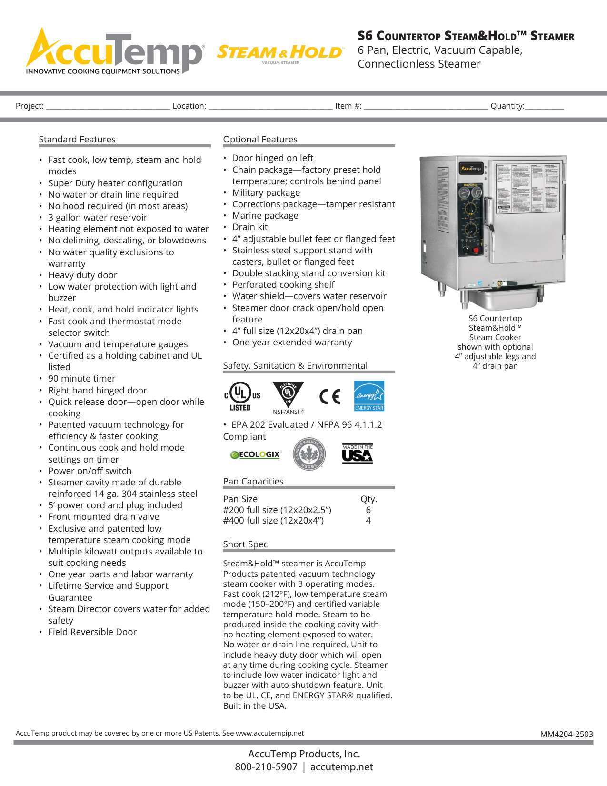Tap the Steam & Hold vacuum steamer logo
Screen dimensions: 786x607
pyautogui.click(x=280, y=53)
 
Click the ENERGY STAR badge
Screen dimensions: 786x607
pyautogui.click(x=369, y=396)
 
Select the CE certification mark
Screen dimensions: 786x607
pyautogui.click(x=330, y=396)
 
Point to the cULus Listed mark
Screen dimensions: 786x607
pyautogui.click(x=242, y=397)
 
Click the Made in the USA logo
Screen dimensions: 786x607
pyautogui.click(x=357, y=453)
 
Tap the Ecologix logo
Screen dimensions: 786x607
pyautogui.click(x=256, y=454)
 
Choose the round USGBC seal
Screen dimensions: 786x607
pyautogui.click(x=309, y=454)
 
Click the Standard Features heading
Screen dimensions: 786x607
pyautogui.click(x=77, y=139)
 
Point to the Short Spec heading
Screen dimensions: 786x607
pyautogui.click(x=245, y=544)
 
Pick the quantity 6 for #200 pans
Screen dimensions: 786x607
pyautogui.click(x=368, y=510)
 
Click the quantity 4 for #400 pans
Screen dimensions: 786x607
pyautogui.click(x=368, y=521)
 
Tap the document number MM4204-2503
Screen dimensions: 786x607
pyautogui.click(x=567, y=734)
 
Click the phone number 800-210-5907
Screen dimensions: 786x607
pyautogui.click(x=266, y=767)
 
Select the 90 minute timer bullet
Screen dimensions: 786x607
pyautogui.click(x=81, y=378)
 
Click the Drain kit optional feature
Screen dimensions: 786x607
pyautogui.click(x=250, y=227)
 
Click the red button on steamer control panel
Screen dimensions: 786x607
pyautogui.click(x=476, y=250)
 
